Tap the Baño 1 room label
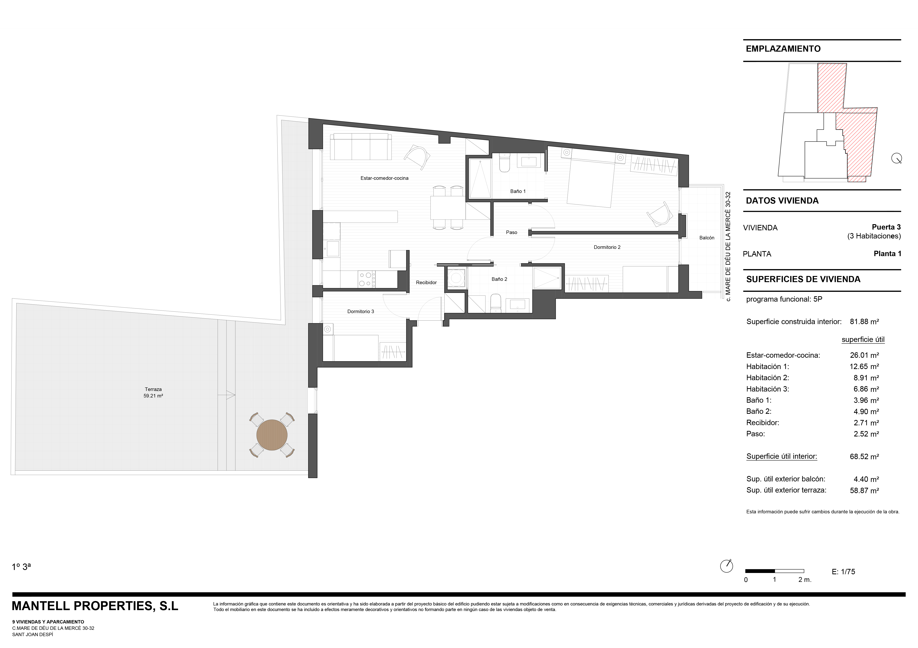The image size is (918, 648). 518,191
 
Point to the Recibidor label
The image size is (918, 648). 426,283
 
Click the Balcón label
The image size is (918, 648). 707,238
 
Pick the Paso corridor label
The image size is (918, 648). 511,232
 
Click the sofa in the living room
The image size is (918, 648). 361,147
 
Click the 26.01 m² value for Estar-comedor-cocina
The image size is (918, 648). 864,355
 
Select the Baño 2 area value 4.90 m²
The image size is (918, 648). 866,411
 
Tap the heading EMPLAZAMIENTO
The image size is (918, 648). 783,49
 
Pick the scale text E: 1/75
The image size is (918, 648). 843,572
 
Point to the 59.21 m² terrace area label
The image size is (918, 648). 153,396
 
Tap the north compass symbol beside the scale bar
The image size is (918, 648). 726,566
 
